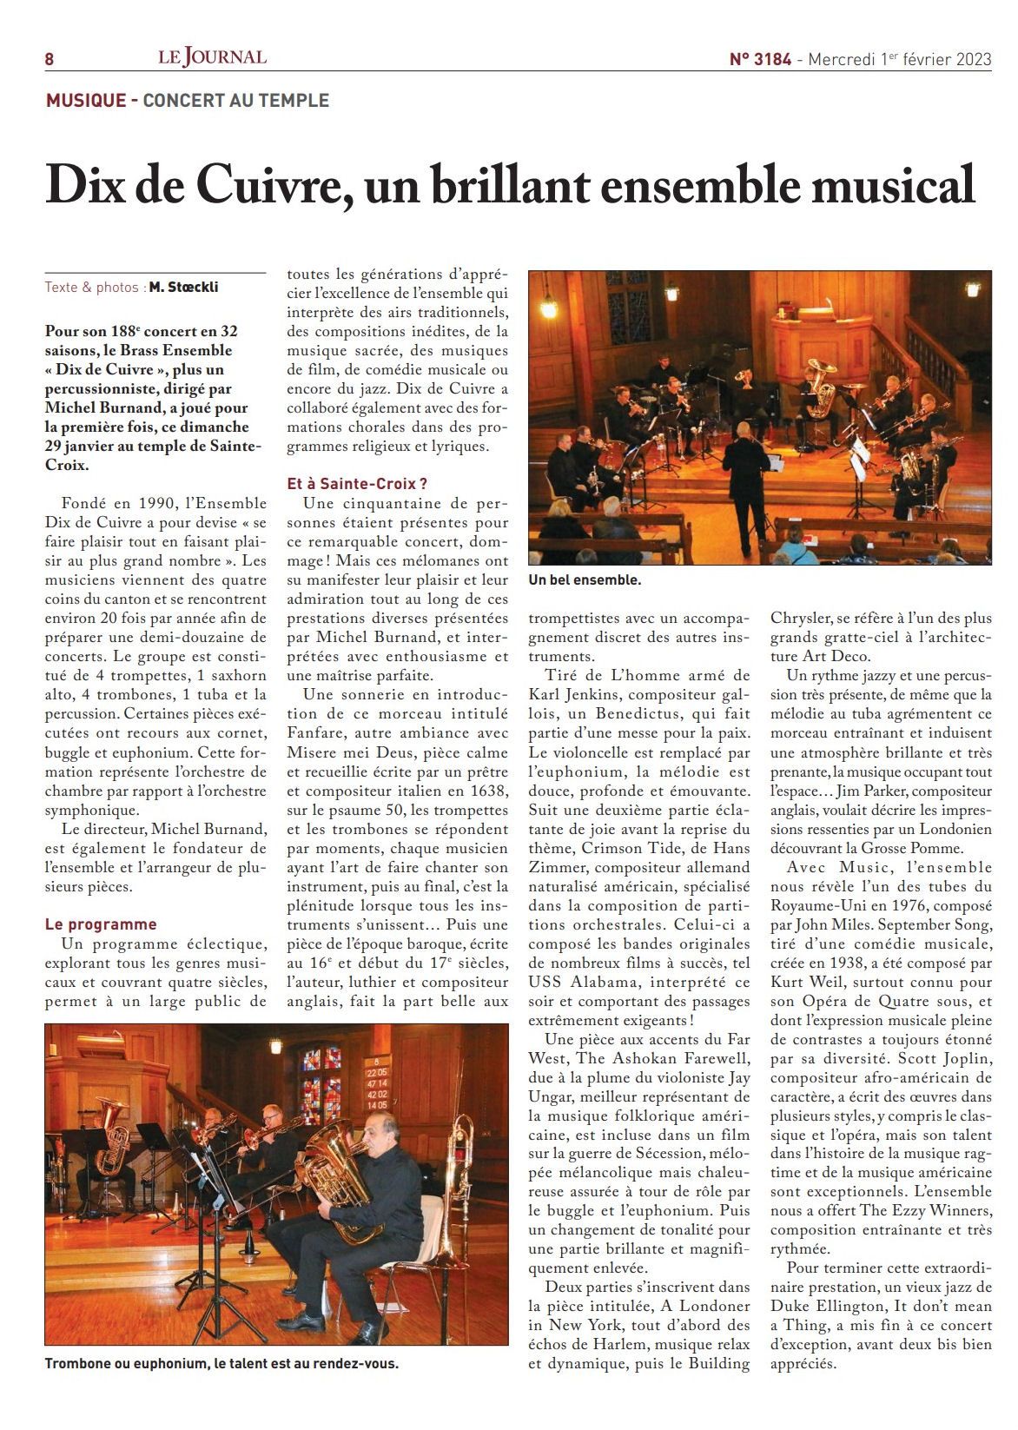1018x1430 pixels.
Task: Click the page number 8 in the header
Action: pyautogui.click(x=50, y=59)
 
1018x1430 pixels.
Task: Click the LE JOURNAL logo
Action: pyautogui.click(x=212, y=57)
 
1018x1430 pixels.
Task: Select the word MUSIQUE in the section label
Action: pyautogui.click(x=86, y=101)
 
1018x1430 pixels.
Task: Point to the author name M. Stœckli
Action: pyautogui.click(x=183, y=288)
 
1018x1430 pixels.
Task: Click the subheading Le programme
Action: pyautogui.click(x=101, y=924)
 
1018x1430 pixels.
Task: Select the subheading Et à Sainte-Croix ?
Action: pyautogui.click(x=357, y=484)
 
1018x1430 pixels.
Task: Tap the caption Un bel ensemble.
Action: pyautogui.click(x=585, y=579)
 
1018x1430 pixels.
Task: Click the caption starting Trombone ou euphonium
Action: pyautogui.click(x=221, y=1363)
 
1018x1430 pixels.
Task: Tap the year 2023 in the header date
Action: pyautogui.click(x=974, y=59)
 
